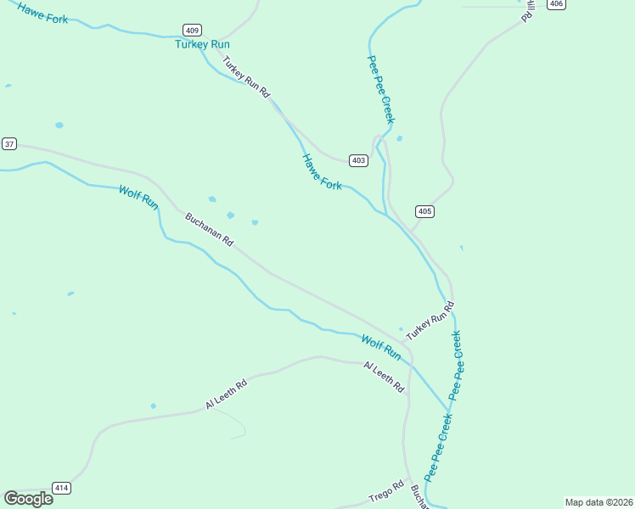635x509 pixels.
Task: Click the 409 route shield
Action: click(192, 30)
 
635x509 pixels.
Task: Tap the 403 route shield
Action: click(358, 160)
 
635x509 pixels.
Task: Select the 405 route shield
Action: click(425, 211)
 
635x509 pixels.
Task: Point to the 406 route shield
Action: click(555, 4)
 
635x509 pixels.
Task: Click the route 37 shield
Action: click(9, 144)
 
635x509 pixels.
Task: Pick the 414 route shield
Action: click(61, 488)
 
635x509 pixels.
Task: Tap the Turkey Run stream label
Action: click(202, 44)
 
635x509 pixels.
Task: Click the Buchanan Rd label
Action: click(209, 229)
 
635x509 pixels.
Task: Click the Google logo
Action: click(28, 499)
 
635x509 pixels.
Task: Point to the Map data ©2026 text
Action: click(598, 502)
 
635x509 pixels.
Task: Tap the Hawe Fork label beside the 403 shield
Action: click(322, 171)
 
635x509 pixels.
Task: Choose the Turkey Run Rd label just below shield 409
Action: click(245, 76)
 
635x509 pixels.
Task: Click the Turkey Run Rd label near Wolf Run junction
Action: click(430, 322)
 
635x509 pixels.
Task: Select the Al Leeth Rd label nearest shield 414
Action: click(226, 394)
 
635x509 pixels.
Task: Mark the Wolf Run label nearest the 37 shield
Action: click(138, 198)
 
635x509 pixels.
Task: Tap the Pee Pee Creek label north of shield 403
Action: click(380, 90)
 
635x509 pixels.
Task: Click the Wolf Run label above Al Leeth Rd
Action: click(380, 346)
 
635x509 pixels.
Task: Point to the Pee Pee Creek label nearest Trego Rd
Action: click(439, 447)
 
